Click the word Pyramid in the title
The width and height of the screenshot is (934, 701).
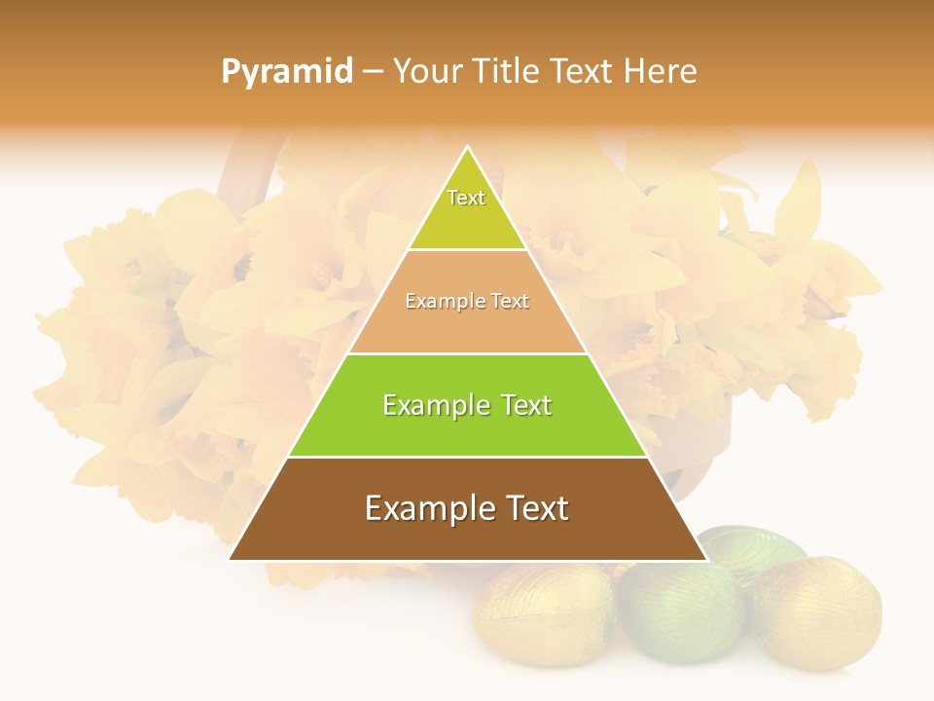287,72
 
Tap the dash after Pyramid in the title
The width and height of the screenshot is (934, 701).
373,72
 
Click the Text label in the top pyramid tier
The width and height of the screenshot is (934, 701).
466,198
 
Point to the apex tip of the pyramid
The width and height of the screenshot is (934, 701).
468,147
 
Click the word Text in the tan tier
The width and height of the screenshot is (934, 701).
511,302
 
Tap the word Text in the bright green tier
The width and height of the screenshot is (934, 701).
526,405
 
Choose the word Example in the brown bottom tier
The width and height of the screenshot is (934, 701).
425,508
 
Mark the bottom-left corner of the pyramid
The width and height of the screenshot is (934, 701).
230,560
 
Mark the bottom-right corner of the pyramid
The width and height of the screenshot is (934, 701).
706,560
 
